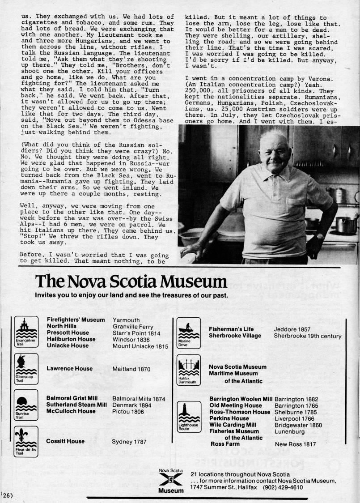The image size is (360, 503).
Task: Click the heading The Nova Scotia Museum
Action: pyautogui.click(x=131, y=282)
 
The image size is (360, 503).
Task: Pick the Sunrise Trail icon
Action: pyautogui.click(x=26, y=405)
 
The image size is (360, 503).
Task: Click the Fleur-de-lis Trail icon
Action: pyautogui.click(x=26, y=441)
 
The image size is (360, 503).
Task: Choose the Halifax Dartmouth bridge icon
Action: pyautogui.click(x=188, y=370)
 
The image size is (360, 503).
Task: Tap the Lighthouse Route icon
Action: pyautogui.click(x=188, y=416)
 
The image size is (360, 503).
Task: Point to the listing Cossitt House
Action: pyautogui.click(x=65, y=441)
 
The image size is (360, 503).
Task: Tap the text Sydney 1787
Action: pyautogui.click(x=129, y=442)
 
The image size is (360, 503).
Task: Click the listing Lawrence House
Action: pyautogui.click(x=70, y=369)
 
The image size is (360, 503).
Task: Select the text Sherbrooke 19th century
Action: pyautogui.click(x=307, y=336)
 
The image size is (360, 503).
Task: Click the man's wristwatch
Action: pyautogui.click(x=319, y=236)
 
